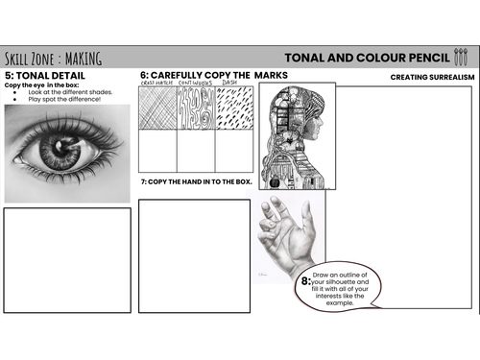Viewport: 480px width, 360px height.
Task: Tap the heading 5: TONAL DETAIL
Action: (x=45, y=75)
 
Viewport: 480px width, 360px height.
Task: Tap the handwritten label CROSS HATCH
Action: (x=156, y=84)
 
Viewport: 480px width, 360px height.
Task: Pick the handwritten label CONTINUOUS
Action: (x=196, y=84)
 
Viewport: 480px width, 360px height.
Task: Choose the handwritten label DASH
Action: (x=229, y=84)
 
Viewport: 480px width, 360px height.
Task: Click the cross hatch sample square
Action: (x=157, y=108)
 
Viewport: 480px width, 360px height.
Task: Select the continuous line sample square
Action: (x=196, y=108)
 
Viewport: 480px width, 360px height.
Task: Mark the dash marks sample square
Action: (x=233, y=108)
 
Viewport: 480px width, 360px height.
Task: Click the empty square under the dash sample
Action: (x=233, y=150)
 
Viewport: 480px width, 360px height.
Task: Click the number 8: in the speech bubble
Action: (x=306, y=281)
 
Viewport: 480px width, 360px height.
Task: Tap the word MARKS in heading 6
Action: (x=270, y=75)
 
